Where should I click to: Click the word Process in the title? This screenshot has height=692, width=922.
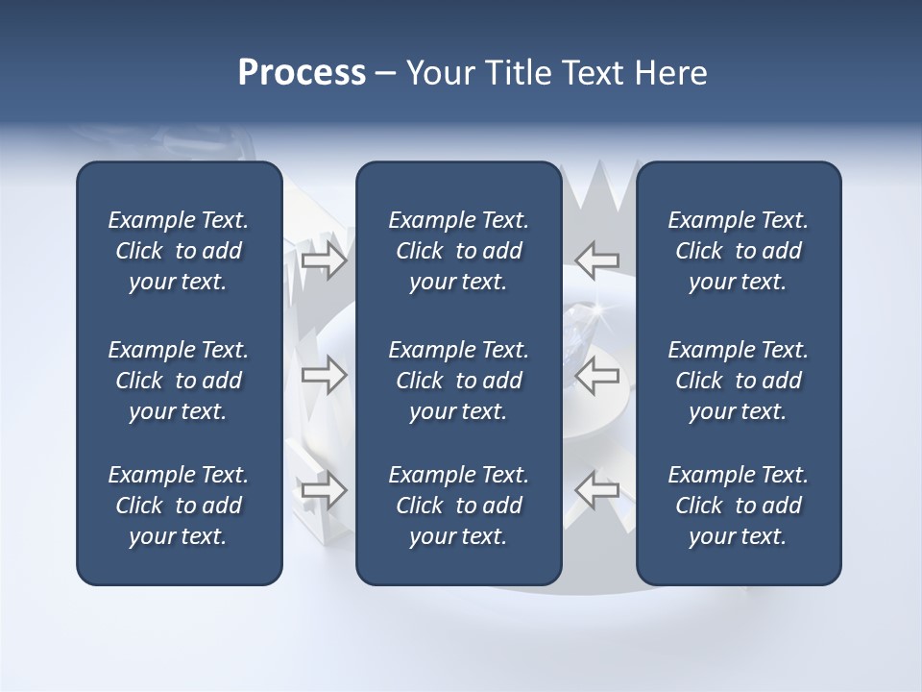(x=302, y=73)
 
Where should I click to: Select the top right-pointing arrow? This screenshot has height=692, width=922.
(x=324, y=260)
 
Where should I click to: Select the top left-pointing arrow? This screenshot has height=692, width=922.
(x=597, y=260)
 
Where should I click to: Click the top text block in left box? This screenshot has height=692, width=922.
(x=179, y=251)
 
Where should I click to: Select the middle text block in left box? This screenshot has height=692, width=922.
(x=179, y=381)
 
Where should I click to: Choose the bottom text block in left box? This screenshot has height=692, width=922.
(x=179, y=506)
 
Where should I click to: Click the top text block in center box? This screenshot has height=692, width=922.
(x=458, y=251)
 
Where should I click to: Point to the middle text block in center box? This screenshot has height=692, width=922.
(x=458, y=381)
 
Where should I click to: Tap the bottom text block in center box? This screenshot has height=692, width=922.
(x=458, y=506)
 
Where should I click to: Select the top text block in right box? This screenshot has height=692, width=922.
(x=738, y=251)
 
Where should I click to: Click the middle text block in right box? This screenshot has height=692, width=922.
(x=738, y=381)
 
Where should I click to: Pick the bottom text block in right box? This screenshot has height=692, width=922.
(x=738, y=506)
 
